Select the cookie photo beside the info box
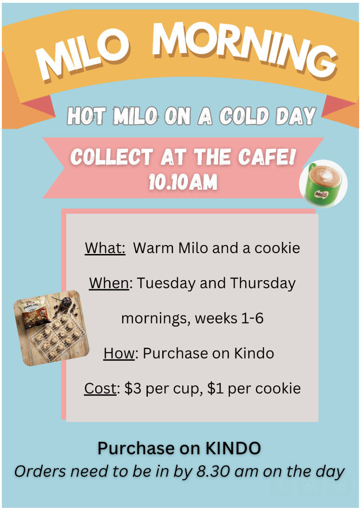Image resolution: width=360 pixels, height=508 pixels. pyautogui.click(x=51, y=328)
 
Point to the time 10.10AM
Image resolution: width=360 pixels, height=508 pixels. pyautogui.click(x=183, y=182)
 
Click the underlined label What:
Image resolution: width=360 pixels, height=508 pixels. pyautogui.click(x=105, y=248)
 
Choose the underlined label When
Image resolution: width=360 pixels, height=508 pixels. pyautogui.click(x=109, y=283)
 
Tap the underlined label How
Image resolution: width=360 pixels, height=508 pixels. pyautogui.click(x=118, y=353)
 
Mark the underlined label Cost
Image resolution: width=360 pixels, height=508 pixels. pyautogui.click(x=100, y=388)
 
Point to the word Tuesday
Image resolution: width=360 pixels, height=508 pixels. pyautogui.click(x=166, y=283)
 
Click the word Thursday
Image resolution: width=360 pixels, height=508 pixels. pyautogui.click(x=263, y=283)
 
